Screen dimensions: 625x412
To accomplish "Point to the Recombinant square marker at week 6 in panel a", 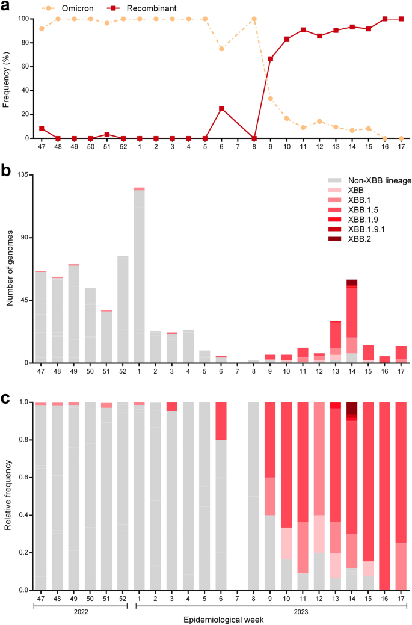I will (221, 108).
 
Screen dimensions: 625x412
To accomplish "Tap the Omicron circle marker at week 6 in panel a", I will (221, 49).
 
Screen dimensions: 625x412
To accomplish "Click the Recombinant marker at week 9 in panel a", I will (270, 59).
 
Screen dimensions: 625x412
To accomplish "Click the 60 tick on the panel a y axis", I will (23, 67).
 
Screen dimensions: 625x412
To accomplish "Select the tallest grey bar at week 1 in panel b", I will (139, 277).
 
